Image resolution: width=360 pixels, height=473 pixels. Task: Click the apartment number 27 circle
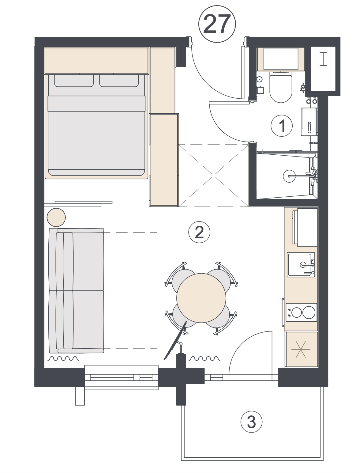tap(217, 24)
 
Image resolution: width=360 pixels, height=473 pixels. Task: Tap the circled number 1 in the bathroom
tap(282, 126)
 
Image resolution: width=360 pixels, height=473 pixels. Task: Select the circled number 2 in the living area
tap(199, 233)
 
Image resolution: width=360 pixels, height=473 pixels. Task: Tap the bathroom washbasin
tap(309, 122)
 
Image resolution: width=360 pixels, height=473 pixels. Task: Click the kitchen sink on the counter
tap(301, 265)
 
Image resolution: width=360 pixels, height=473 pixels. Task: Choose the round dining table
tap(201, 298)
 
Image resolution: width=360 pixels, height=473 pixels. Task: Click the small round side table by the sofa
tap(56, 218)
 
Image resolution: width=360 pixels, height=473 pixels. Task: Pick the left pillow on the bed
tap(74, 81)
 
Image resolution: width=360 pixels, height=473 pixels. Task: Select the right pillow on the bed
tap(119, 81)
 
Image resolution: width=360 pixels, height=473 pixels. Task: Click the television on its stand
tap(175, 340)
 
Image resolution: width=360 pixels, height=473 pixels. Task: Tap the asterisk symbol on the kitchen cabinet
tap(302, 350)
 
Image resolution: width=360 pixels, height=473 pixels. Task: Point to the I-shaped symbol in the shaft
tap(323, 59)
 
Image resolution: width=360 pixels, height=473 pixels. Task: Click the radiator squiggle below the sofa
tap(64, 358)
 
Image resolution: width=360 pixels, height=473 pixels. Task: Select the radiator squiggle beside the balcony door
tap(204, 358)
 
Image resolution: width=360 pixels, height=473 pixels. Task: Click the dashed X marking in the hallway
tap(214, 176)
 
